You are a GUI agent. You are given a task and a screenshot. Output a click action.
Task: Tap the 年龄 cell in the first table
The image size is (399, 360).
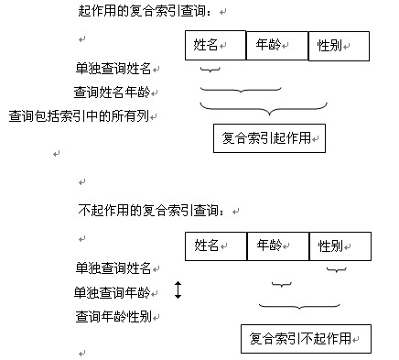coord(276,45)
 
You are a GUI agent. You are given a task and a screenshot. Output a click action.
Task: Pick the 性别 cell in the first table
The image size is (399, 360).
coord(339,45)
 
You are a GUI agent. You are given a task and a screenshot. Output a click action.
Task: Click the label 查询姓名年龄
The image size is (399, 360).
coord(115,93)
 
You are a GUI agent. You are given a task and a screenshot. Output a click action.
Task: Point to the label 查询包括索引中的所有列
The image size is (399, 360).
coord(83,116)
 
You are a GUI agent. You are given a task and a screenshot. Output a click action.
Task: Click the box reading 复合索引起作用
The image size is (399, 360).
coord(269,138)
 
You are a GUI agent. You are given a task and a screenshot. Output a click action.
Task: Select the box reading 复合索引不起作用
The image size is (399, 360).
coord(306,338)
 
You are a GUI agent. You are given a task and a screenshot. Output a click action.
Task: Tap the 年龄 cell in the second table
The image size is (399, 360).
coord(276,245)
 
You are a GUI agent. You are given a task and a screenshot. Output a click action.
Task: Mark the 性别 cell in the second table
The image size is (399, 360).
coord(340,245)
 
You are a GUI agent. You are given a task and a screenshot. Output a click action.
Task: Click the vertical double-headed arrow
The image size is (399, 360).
coord(178,291)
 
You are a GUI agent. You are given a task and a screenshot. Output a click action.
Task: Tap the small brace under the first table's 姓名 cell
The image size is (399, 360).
coord(210,69)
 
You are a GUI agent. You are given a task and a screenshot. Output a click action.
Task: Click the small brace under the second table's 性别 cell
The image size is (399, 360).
coord(337,269)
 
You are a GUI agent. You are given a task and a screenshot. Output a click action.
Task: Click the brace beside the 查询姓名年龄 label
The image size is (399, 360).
coord(240,90)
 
